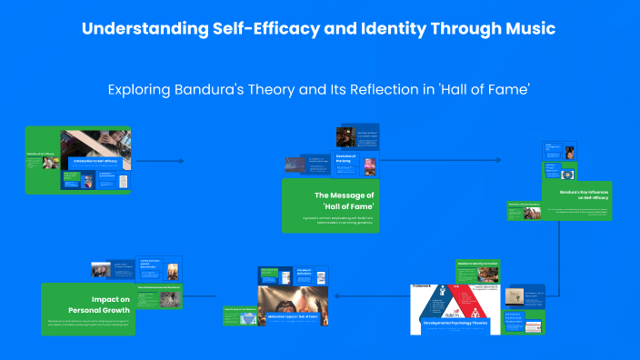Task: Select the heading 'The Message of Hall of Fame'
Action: coord(344,201)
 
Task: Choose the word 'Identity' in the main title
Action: coord(382,28)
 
